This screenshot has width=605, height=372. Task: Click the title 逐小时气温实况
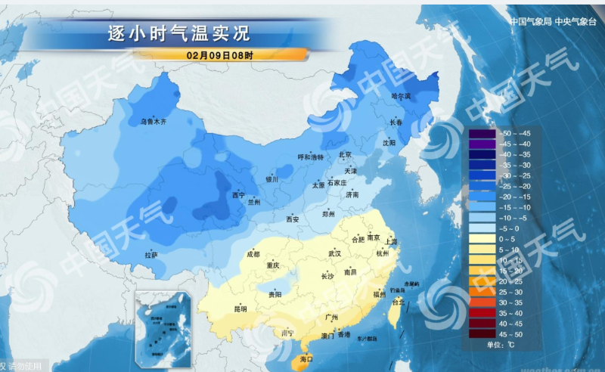[x=178, y=33]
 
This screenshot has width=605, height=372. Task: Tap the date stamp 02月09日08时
[x=220, y=54]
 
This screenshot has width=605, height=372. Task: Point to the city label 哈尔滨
[x=400, y=96]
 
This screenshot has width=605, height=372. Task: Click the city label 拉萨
[x=151, y=256]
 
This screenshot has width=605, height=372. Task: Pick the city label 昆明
[x=240, y=308]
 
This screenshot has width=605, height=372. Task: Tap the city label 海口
[x=306, y=359]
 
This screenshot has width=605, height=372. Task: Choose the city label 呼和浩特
[x=310, y=157]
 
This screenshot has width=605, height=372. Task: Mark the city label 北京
[x=346, y=155]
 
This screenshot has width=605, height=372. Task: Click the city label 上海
[x=391, y=241]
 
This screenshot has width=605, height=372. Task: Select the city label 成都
[x=253, y=254]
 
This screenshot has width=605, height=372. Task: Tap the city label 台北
[x=396, y=302]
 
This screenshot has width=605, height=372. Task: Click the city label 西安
[x=293, y=219]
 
